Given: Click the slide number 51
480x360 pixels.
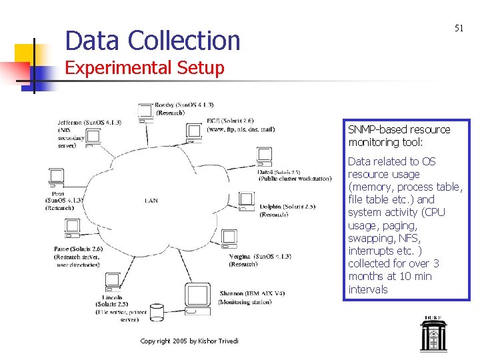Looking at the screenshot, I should (459, 28).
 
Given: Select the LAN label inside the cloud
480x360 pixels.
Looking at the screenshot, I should (151, 201).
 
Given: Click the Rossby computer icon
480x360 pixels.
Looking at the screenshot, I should (145, 112).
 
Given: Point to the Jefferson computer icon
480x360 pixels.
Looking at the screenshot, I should (93, 137).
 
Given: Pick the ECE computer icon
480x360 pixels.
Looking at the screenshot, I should (195, 133).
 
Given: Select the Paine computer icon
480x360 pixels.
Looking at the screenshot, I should (73, 229).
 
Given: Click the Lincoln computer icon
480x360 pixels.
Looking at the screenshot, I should (112, 281).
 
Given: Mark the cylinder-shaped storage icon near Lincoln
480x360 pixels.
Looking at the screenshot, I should (157, 311).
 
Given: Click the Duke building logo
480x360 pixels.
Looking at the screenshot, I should (433, 333).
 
